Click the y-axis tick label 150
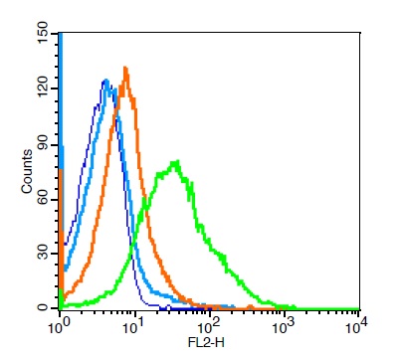pyautogui.click(x=44, y=34)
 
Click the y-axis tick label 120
pyautogui.click(x=44, y=89)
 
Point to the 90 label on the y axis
pyautogui.click(x=44, y=145)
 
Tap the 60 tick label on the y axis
pyautogui.click(x=44, y=200)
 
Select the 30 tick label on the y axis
pyautogui.click(x=44, y=254)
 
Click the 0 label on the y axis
pyautogui.click(x=44, y=308)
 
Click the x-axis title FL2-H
pyautogui.click(x=206, y=342)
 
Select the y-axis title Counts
pyautogui.click(x=27, y=171)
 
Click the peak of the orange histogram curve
pyautogui.click(x=125, y=68)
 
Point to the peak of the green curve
pyautogui.click(x=176, y=162)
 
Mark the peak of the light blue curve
pyautogui.click(x=106, y=80)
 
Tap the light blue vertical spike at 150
pyautogui.click(x=61, y=99)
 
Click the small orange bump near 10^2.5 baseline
pyautogui.click(x=250, y=306)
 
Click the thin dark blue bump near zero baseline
pyautogui.click(x=168, y=305)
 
